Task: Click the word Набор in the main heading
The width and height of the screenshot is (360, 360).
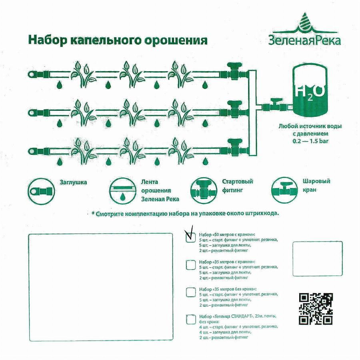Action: [48, 40]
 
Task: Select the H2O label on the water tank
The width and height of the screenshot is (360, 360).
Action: [310, 92]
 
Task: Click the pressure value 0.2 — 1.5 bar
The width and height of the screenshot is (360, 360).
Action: [310, 141]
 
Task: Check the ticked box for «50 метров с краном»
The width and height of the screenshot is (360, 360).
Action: [191, 237]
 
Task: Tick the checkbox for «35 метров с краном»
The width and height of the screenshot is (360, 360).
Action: [191, 265]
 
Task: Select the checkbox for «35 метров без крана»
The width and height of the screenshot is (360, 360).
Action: [191, 292]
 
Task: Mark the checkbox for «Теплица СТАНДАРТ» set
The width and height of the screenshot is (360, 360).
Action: [191, 319]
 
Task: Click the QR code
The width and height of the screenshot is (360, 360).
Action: [316, 309]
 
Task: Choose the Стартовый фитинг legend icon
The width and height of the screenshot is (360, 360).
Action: [204, 190]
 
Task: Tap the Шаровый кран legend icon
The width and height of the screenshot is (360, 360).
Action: [284, 190]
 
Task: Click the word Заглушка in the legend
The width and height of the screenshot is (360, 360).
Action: [73, 182]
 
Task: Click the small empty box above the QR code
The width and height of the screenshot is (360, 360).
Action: [318, 258]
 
